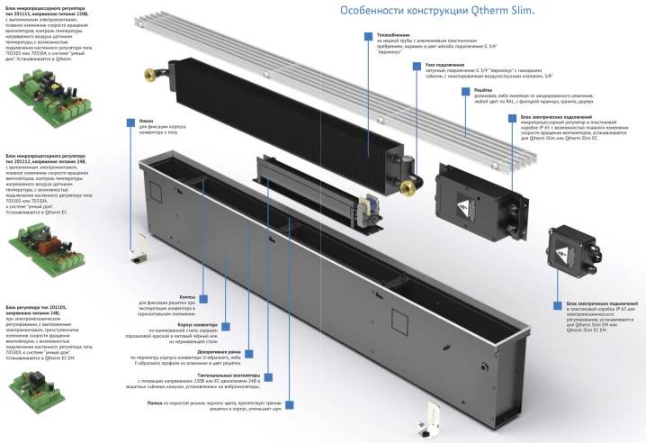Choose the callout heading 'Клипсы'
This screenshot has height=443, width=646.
tap(189, 295)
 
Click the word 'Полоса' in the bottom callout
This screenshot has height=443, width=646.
tap(154, 402)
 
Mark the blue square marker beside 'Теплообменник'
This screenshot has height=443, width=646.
tap(367, 35)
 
